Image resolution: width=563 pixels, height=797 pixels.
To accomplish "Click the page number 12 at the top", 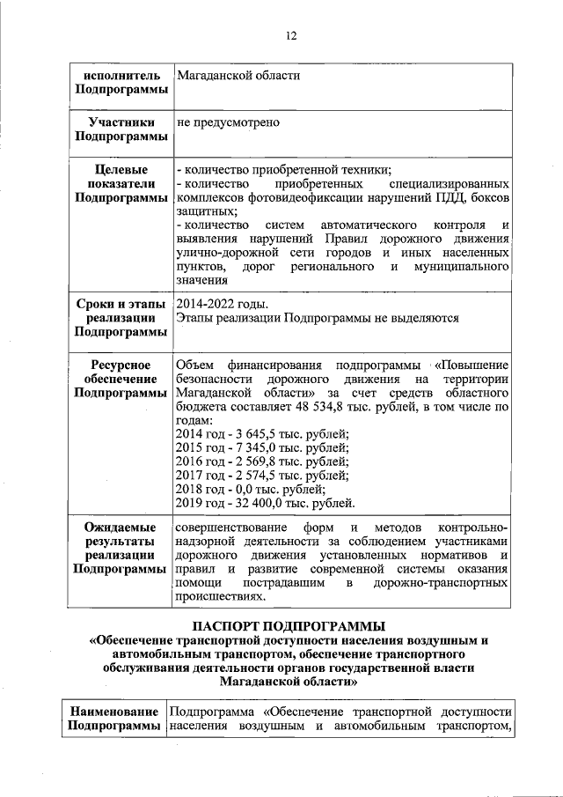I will [x=291, y=36].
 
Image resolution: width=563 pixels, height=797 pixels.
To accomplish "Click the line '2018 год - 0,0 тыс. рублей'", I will [x=251, y=490].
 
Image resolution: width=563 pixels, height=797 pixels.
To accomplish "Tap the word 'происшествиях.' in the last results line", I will [x=221, y=596].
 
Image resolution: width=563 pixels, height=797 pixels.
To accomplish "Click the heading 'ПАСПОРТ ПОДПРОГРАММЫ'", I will [x=290, y=626].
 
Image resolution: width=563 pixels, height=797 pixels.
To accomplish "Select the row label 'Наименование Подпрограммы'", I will [x=115, y=718].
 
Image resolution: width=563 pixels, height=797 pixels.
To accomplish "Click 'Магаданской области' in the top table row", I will [x=238, y=76].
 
